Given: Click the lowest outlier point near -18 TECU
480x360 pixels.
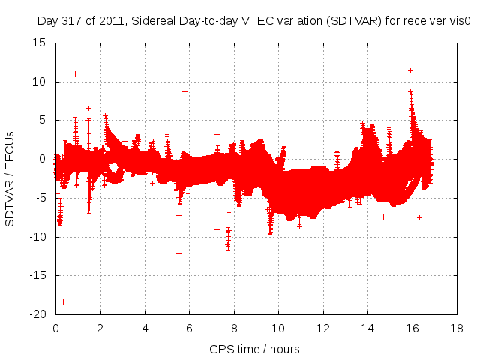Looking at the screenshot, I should (64, 301).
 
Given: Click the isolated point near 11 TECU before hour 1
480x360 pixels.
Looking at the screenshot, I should (75, 73).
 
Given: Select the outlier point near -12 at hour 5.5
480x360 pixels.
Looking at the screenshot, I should (178, 253).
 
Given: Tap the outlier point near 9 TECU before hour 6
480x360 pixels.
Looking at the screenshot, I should (184, 91).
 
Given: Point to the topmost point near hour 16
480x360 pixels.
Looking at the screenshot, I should (410, 70).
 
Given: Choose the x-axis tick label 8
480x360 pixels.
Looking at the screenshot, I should (234, 328).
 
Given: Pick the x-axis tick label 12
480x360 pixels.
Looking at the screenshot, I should (323, 328).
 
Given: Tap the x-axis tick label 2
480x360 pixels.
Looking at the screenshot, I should (100, 328).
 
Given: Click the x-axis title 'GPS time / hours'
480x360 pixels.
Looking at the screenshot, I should (255, 349).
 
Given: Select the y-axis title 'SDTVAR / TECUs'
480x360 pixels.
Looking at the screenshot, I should (10, 178).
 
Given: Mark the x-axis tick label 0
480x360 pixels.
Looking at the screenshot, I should (55, 328).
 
